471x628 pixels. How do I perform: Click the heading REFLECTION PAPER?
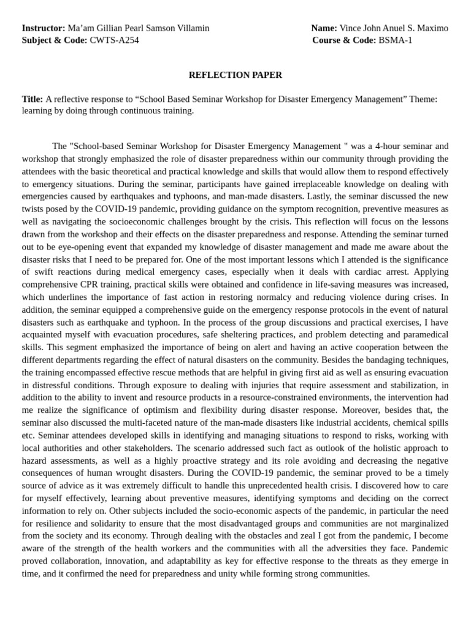(x=235, y=75)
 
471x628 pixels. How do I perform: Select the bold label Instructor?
(x=43, y=28)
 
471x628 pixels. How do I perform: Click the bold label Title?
(x=33, y=99)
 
